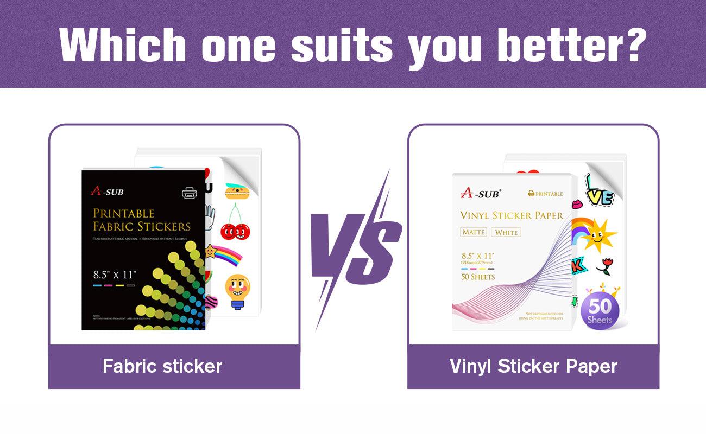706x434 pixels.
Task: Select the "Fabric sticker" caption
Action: (x=162, y=366)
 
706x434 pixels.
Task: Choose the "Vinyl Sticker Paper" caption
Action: (x=533, y=366)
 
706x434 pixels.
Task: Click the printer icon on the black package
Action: (x=190, y=192)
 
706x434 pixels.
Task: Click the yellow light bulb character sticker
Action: (x=237, y=290)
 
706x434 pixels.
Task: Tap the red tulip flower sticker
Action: (x=604, y=265)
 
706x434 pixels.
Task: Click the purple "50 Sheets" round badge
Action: (x=600, y=311)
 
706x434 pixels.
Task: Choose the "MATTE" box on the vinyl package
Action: (x=474, y=232)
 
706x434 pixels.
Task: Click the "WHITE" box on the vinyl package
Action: (x=506, y=232)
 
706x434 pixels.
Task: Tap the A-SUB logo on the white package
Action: (x=481, y=193)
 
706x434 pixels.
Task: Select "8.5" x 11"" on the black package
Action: (x=114, y=274)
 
